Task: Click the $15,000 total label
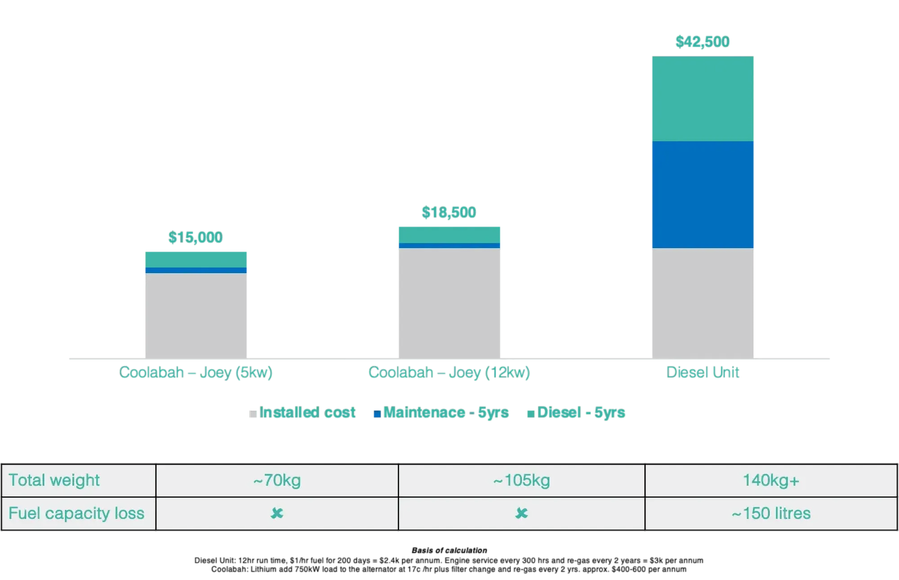tap(195, 237)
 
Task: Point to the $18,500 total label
tap(449, 213)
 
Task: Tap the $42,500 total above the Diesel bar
tap(702, 41)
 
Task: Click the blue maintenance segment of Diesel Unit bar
tap(702, 194)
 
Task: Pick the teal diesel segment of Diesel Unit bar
tap(702, 98)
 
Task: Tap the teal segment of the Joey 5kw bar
tap(196, 259)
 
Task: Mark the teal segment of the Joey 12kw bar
tap(449, 234)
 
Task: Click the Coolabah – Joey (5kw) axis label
tap(196, 372)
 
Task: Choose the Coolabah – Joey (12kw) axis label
tap(449, 372)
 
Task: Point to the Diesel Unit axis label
tap(702, 372)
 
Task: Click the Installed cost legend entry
tap(303, 413)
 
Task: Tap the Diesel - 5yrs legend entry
tap(576, 413)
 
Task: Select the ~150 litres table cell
tap(771, 513)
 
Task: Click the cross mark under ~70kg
tap(277, 513)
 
